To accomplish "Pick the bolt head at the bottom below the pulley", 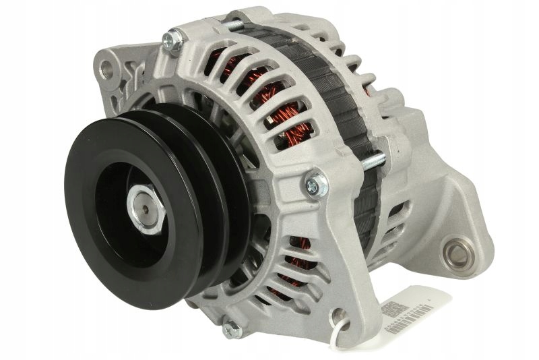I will [231, 329].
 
